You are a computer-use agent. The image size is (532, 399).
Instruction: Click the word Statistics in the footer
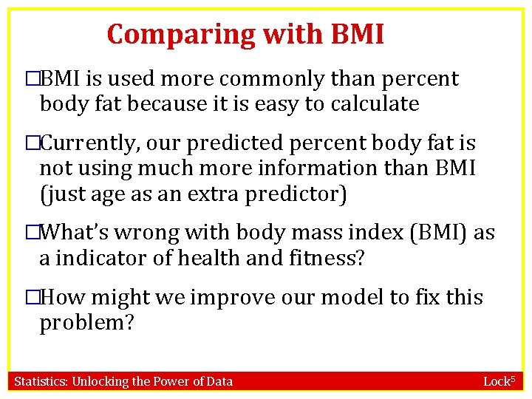[x=42, y=381]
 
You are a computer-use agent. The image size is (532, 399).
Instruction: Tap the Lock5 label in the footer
[x=502, y=381]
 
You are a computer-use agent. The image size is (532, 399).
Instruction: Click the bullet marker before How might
[x=31, y=298]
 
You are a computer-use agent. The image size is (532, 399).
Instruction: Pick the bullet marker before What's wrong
[x=31, y=233]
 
